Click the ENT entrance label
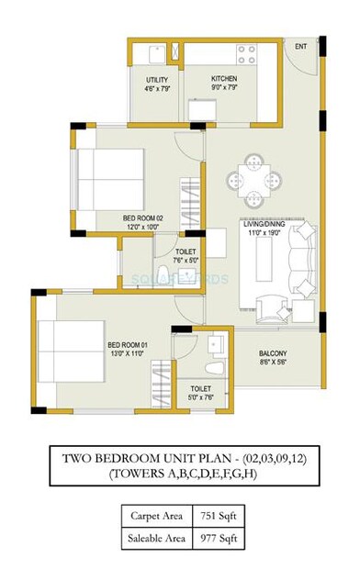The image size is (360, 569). coord(299,46)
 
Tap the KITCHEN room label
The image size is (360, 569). coord(224,80)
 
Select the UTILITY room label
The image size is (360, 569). coord(157,80)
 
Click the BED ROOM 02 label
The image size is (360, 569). coord(142,218)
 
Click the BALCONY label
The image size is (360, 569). coord(299,354)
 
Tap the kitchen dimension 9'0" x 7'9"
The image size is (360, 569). coord(224,89)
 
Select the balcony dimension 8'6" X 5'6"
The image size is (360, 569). coord(299,363)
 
